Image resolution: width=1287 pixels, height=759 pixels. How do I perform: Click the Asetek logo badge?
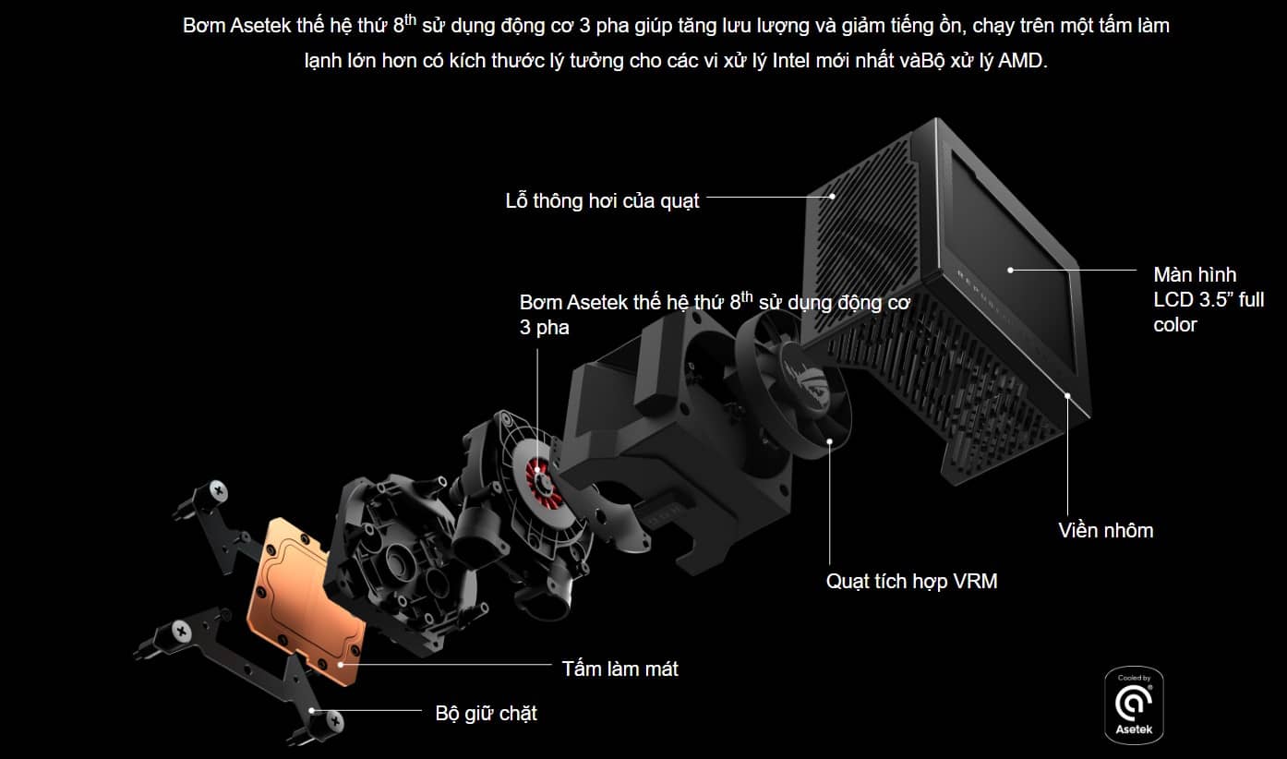[1134, 705]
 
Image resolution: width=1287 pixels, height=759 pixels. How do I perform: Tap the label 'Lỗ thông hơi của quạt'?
[602, 200]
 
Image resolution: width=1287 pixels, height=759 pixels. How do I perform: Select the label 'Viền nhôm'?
[1105, 530]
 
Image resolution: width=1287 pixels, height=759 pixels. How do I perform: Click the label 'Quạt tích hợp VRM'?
[911, 582]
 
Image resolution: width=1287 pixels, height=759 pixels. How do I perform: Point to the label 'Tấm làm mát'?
[619, 669]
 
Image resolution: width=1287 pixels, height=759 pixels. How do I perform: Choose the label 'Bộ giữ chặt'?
[486, 714]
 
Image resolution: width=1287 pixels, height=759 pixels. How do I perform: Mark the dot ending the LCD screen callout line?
[1011, 270]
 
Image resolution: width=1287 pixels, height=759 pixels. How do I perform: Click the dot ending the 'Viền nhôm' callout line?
[1068, 395]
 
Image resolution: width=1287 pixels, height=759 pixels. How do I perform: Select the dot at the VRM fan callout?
[830, 441]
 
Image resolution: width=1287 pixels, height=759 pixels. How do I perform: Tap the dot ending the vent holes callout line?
[833, 196]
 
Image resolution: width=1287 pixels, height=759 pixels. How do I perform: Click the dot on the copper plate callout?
[342, 663]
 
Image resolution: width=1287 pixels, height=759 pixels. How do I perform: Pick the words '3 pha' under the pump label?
[545, 327]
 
